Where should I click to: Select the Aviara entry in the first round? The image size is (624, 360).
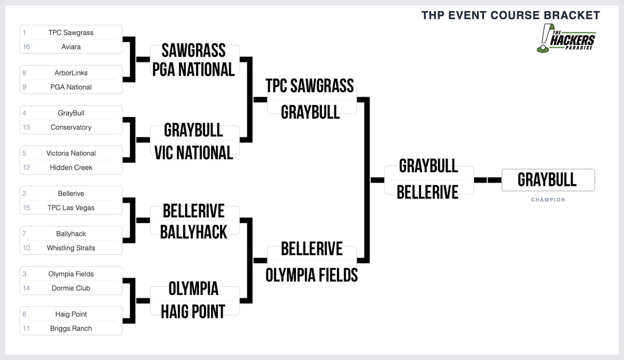click(71, 47)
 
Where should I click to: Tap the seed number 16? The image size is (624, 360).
click(26, 47)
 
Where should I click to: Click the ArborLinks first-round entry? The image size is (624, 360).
click(71, 73)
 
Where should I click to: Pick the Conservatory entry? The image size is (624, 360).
click(71, 127)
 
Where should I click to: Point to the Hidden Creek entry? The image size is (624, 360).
click(71, 168)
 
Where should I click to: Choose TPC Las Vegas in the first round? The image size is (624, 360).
click(71, 208)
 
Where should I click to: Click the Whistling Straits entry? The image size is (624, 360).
click(71, 248)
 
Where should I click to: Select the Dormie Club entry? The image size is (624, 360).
click(71, 288)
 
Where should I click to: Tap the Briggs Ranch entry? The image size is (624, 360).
click(71, 328)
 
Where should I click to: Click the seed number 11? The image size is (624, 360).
click(26, 328)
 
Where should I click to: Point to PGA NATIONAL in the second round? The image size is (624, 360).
click(194, 69)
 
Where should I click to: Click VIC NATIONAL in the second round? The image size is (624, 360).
click(194, 152)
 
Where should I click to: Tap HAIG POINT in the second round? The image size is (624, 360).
click(194, 311)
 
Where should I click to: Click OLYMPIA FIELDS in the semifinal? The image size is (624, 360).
click(311, 274)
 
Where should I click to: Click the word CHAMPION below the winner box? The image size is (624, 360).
click(548, 199)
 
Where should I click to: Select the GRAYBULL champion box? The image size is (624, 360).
click(548, 179)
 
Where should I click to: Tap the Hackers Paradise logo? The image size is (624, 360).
click(566, 39)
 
